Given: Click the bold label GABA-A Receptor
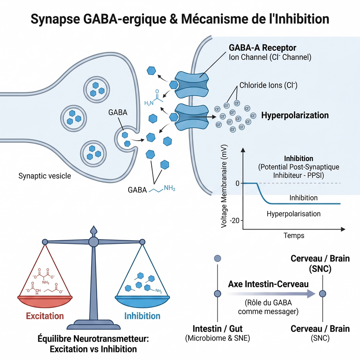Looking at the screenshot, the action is (x=262, y=48).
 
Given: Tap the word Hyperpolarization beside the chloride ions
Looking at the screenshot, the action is (x=295, y=115).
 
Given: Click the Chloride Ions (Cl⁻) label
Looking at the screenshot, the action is (x=268, y=85).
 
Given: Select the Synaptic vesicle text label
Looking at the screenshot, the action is (x=45, y=176).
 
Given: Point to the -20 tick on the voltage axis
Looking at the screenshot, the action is (x=234, y=220).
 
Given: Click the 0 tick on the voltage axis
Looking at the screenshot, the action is (x=238, y=183).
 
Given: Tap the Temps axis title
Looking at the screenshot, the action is (x=294, y=235).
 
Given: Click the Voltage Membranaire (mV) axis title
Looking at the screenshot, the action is (x=224, y=186).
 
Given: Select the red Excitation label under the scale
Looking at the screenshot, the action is (x=45, y=316).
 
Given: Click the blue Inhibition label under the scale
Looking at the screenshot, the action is (x=142, y=316).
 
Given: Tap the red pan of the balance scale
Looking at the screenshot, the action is (x=45, y=301).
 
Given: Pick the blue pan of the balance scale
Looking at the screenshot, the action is (x=142, y=301).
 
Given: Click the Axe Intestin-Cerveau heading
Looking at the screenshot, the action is (x=268, y=284).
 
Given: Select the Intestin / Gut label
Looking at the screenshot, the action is (x=217, y=328).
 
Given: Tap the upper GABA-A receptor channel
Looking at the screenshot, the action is (x=192, y=85).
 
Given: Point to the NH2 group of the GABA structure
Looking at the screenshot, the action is (x=170, y=188).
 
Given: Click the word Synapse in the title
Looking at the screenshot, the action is (x=55, y=19).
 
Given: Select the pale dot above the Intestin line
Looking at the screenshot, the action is (x=217, y=258).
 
